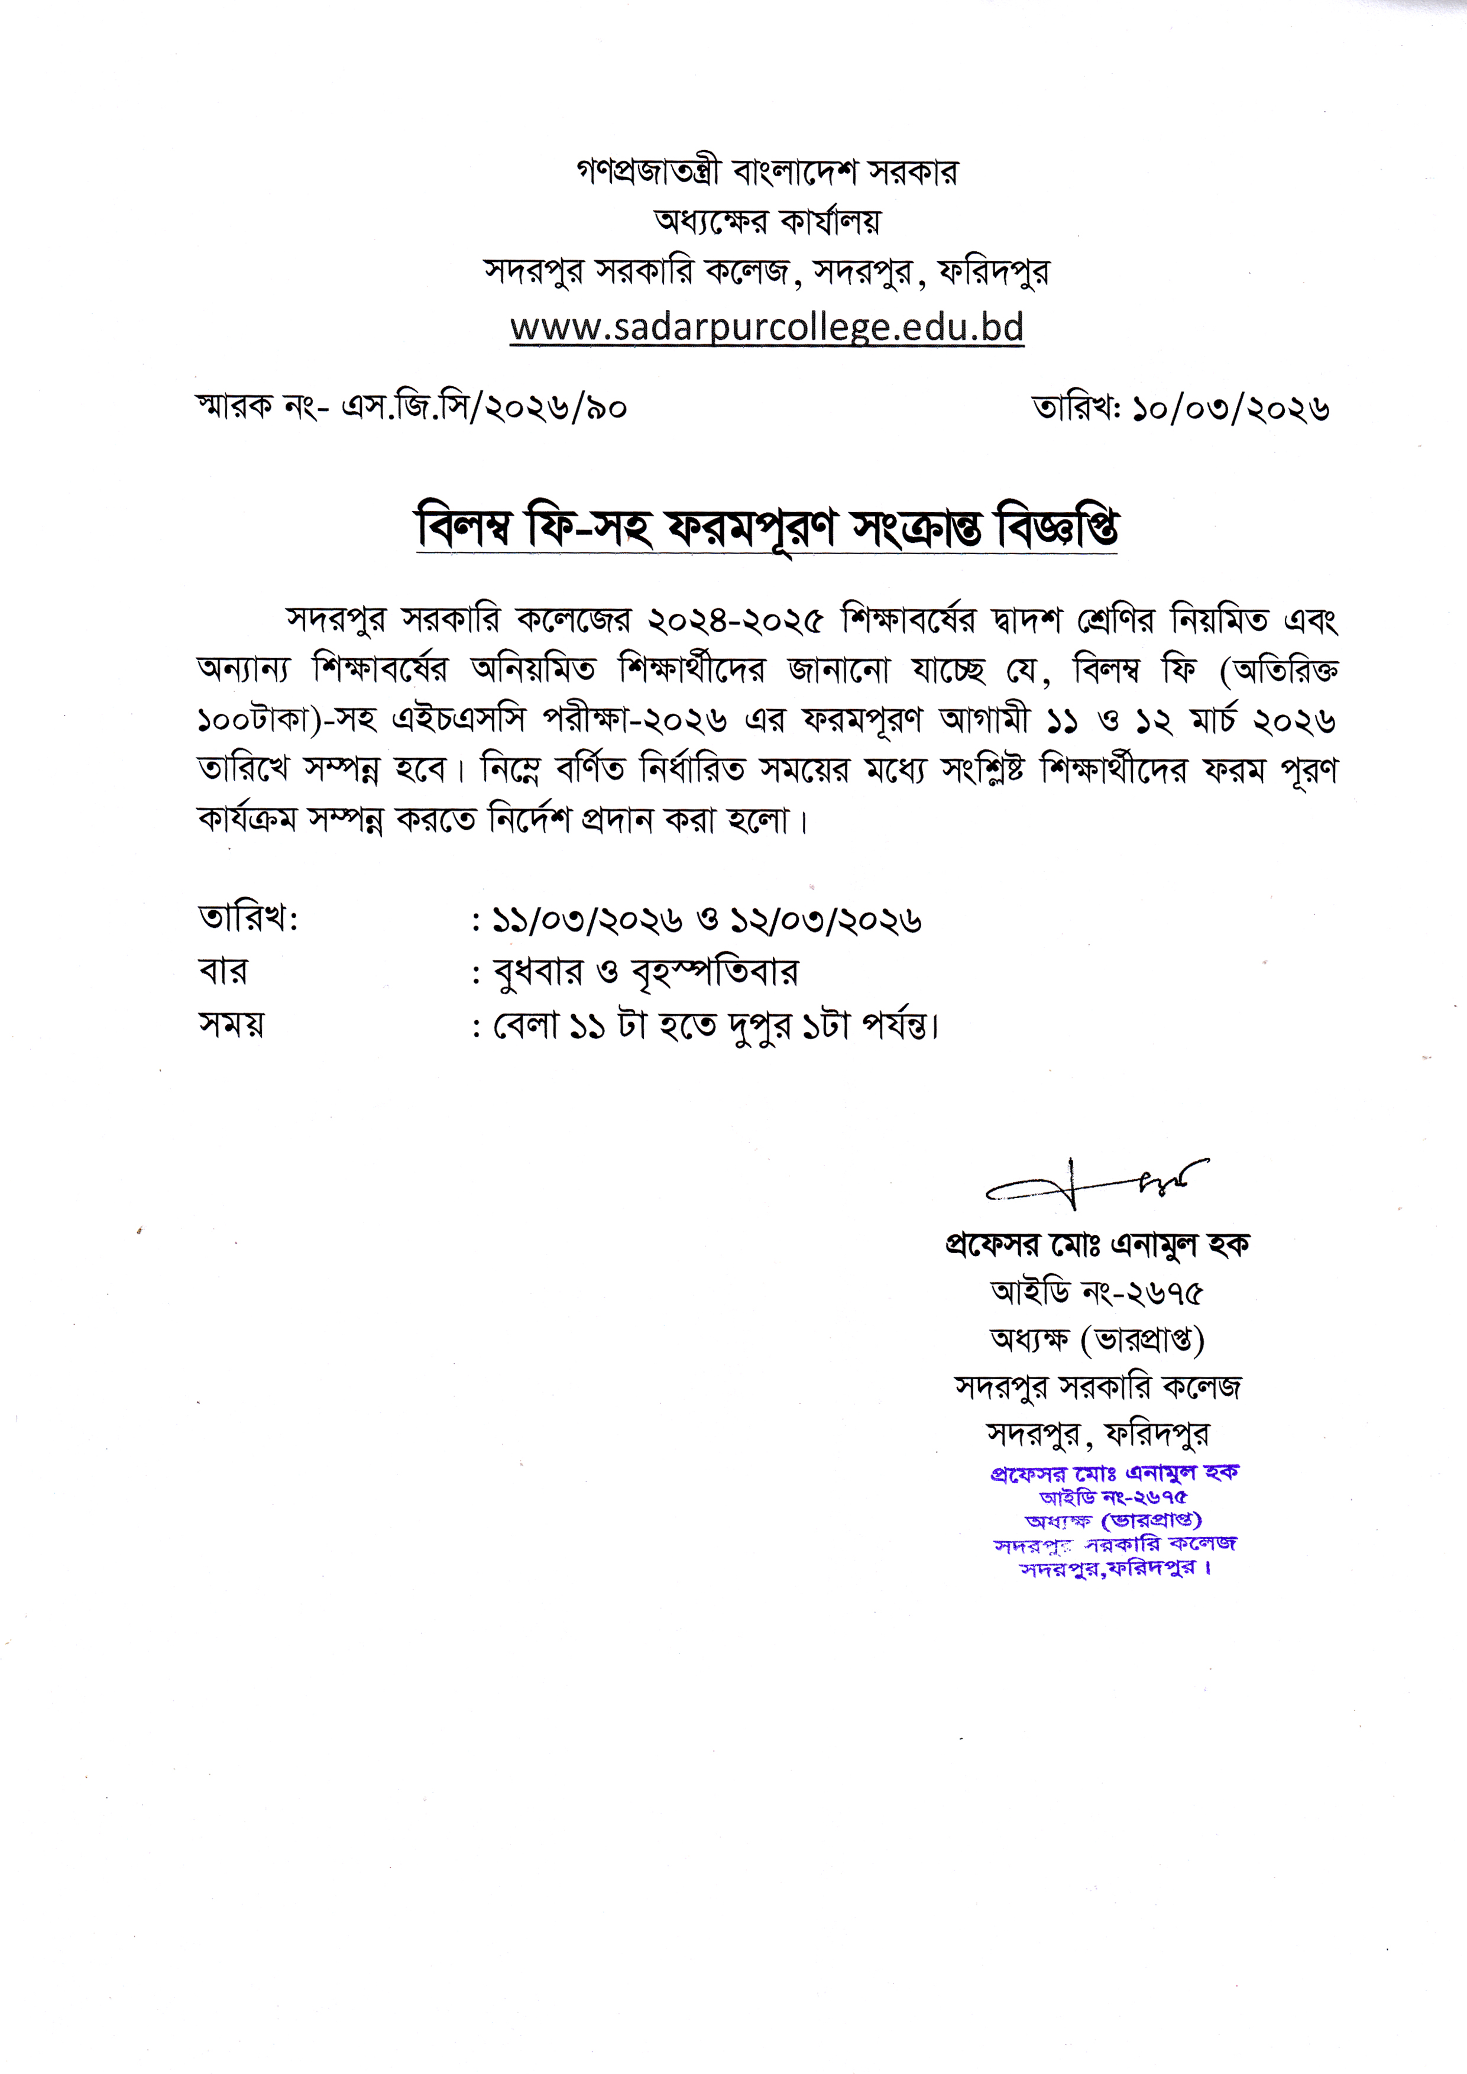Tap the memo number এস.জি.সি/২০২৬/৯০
[x=483, y=408]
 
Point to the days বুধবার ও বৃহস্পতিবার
[x=646, y=973]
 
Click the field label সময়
[x=231, y=1024]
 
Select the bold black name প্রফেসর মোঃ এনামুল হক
[x=1097, y=1245]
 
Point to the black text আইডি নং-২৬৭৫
[x=1097, y=1293]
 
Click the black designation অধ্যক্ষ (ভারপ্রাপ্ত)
[x=1097, y=1341]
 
